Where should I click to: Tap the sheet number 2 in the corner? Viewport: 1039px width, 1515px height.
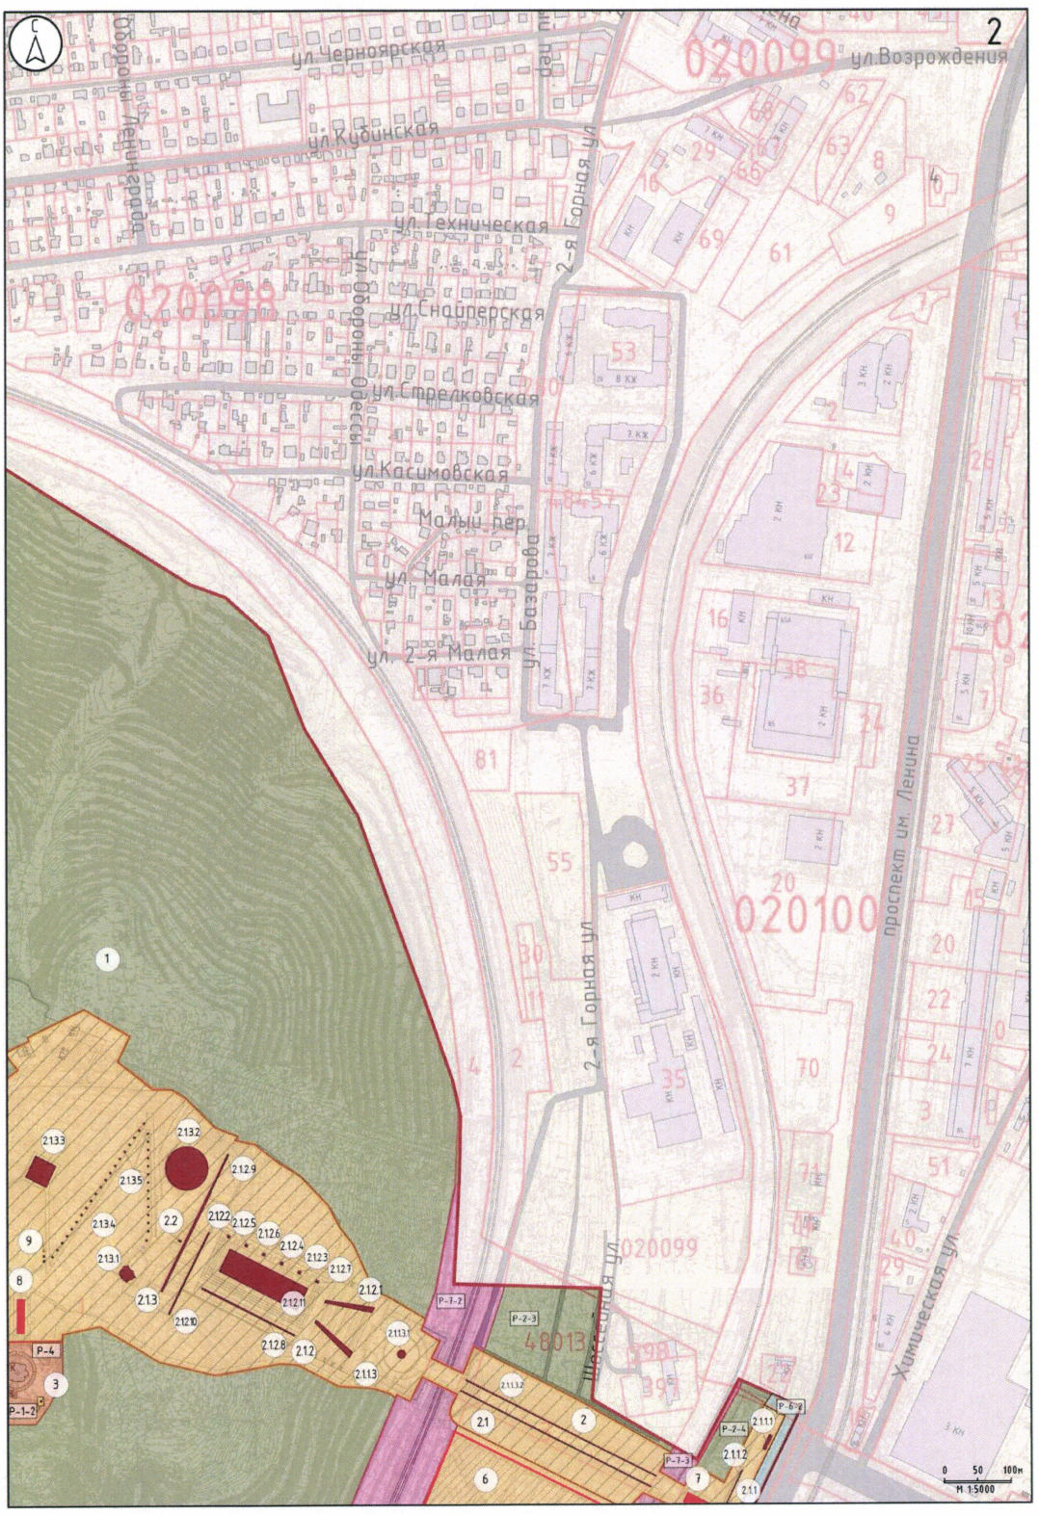(995, 31)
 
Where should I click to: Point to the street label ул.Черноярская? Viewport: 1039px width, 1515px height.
(368, 55)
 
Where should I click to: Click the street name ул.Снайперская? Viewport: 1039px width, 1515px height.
(468, 313)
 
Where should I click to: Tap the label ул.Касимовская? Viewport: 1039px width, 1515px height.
(430, 473)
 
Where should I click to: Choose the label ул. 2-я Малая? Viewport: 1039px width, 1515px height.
(440, 657)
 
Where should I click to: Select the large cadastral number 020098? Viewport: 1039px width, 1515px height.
(200, 303)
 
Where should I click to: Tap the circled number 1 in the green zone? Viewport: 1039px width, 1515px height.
(108, 958)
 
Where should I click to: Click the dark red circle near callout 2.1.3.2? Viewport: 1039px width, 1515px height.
(187, 1169)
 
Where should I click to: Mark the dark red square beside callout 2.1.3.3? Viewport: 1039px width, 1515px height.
(40, 1171)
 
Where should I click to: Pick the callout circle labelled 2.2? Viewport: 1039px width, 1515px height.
(172, 1221)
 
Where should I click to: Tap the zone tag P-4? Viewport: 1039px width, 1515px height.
(46, 1350)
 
